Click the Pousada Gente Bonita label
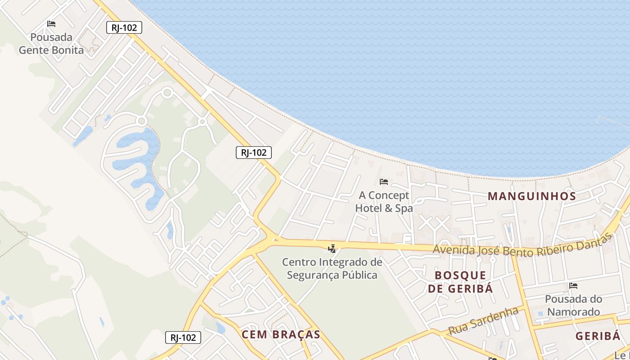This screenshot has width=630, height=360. tap(51, 43)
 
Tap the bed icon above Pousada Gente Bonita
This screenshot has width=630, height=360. tap(51, 24)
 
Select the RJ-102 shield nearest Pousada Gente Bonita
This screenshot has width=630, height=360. tap(124, 27)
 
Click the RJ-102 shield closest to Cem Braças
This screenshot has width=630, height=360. tap(183, 337)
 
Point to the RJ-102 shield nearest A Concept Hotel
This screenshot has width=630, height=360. tap(254, 153)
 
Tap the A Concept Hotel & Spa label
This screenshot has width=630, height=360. tap(384, 202)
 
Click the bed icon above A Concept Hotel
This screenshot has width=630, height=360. tap(384, 182)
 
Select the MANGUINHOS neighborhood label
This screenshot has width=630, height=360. tap(532, 196)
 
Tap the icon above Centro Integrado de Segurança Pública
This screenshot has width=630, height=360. tap(332, 248)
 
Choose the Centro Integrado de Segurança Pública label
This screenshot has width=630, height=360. tap(332, 268)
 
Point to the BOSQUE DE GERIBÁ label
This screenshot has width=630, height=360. tap(460, 282)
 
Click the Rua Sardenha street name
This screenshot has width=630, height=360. tap(483, 321)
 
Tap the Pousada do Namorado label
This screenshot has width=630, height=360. tap(573, 305)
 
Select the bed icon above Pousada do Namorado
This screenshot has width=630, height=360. tap(573, 286)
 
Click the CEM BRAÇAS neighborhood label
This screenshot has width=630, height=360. tap(281, 334)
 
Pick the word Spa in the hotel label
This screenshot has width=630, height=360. tap(404, 208)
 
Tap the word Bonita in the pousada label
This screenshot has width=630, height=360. tap(67, 50)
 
